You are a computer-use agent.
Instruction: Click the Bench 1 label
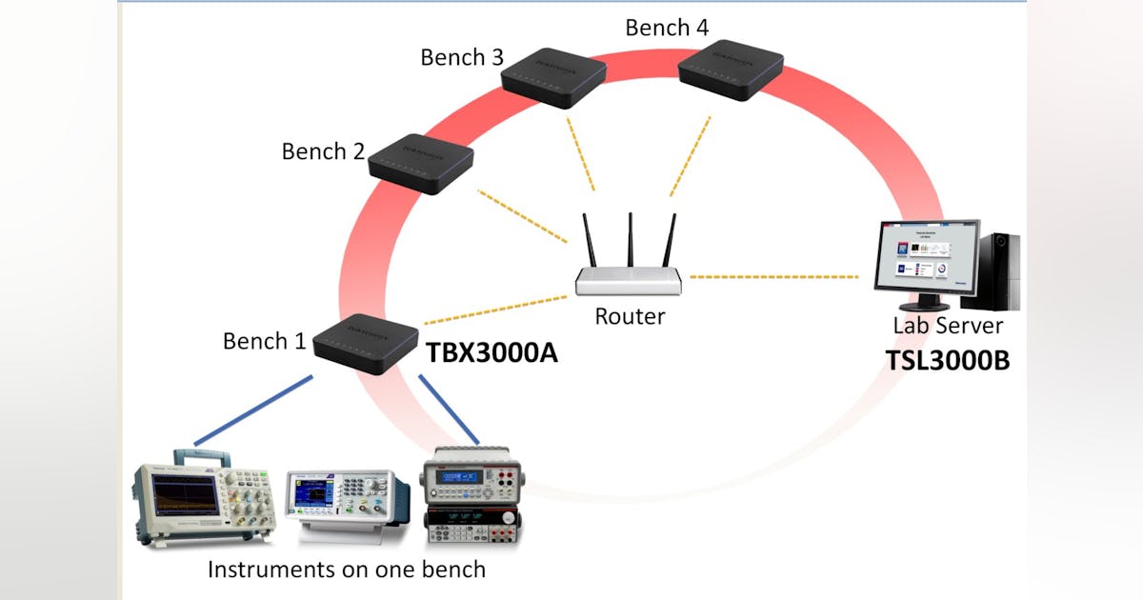pos(265,341)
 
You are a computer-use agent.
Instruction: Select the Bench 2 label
pos(324,151)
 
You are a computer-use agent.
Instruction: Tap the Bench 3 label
pos(462,57)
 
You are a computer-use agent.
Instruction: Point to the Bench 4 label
pos(667,28)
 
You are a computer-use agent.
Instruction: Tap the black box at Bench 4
pos(730,69)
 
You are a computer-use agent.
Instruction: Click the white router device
pos(629,279)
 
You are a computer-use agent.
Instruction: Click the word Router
pos(629,316)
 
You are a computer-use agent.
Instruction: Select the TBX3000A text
pos(491,353)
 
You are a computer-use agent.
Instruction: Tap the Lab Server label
pos(947,326)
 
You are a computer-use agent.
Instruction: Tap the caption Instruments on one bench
pos(347,570)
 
